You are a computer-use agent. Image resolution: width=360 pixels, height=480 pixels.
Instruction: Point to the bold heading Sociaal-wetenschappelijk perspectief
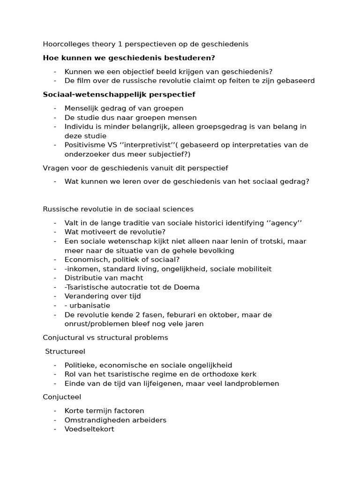pos(119,94)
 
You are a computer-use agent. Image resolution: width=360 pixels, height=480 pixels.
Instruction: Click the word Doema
pos(188,287)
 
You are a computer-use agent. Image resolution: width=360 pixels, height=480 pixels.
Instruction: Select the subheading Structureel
pos(65,351)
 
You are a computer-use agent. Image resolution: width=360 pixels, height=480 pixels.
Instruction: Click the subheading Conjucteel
pos(62,397)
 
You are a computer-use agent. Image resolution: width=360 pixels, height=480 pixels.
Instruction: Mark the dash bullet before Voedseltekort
pos(55,429)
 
